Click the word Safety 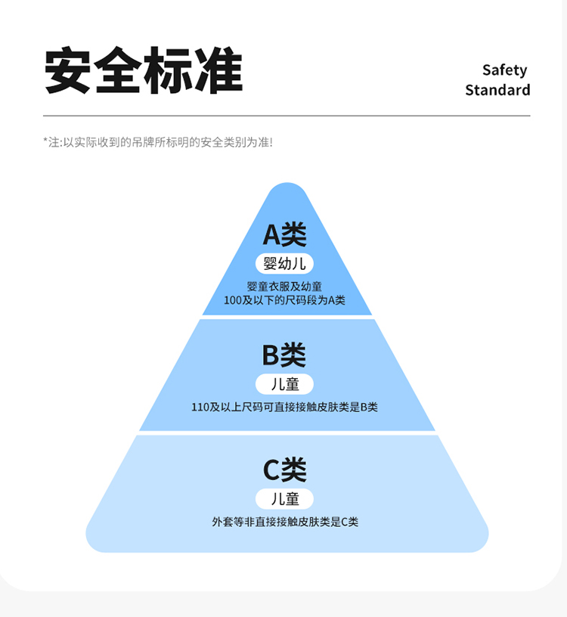pyautogui.click(x=504, y=70)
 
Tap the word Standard pyautogui.click(x=497, y=90)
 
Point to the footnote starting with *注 pyautogui.click(x=158, y=141)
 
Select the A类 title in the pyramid pyautogui.click(x=285, y=235)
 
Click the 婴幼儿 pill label pyautogui.click(x=284, y=263)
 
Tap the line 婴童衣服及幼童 pyautogui.click(x=284, y=287)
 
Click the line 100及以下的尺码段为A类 pyautogui.click(x=284, y=300)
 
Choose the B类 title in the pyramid pyautogui.click(x=284, y=355)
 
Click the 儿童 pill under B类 pyautogui.click(x=285, y=383)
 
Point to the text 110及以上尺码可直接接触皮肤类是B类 pyautogui.click(x=284, y=407)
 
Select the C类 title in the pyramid pyautogui.click(x=284, y=470)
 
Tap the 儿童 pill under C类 pyautogui.click(x=285, y=499)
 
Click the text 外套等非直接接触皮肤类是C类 pyautogui.click(x=285, y=522)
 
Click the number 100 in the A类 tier pyautogui.click(x=233, y=300)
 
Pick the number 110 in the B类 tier pyautogui.click(x=200, y=407)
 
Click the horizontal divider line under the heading pyautogui.click(x=287, y=116)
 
